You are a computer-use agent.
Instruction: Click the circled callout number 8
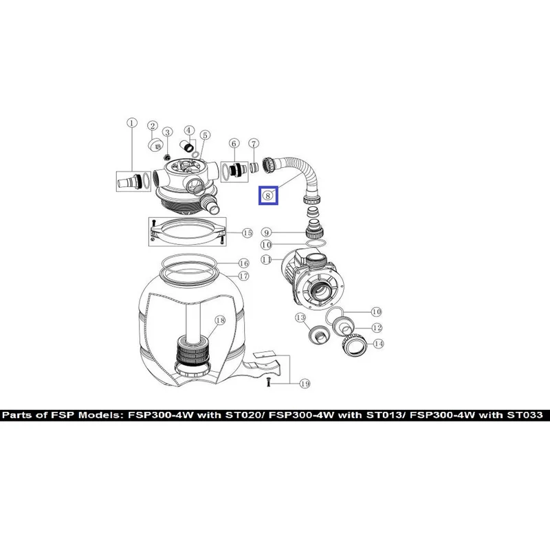pos(268,195)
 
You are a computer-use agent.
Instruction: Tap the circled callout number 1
pos(132,123)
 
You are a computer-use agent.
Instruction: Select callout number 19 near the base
pos(305,384)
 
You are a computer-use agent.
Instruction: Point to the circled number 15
pos(247,233)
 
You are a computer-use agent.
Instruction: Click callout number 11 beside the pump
pos(267,260)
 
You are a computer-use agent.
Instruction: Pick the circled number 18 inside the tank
pos(220,320)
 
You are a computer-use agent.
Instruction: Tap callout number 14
pos(379,344)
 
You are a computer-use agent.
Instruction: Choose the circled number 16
pos(244,263)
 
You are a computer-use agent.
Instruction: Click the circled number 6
pos(234,143)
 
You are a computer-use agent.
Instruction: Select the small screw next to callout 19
pos(268,382)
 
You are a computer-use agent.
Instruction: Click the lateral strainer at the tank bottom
pos(192,355)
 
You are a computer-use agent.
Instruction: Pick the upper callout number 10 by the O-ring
pos(267,245)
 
